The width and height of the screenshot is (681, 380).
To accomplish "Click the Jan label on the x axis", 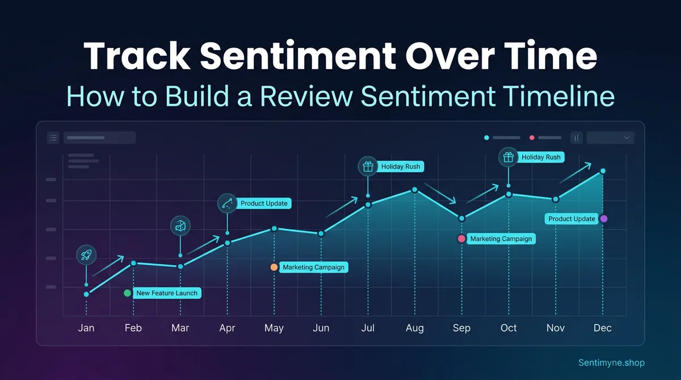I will coord(86,328).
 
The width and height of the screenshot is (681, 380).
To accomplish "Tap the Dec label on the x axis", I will coord(603,328).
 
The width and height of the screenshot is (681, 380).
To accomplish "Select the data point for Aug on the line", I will coord(415,190).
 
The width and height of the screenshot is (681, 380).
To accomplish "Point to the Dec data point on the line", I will coord(603,171).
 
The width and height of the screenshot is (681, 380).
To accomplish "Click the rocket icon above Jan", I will coord(86,256).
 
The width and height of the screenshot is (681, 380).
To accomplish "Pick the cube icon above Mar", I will coord(180,226).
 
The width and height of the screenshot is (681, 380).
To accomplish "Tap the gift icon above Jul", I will coord(368,166).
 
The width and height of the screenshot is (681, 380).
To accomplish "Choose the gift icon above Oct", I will coord(508,157).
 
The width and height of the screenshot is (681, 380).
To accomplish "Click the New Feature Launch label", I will coord(167,293).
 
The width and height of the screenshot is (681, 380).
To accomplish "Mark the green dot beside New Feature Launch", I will coord(127,293).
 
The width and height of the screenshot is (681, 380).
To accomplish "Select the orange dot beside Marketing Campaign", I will coord(274,267).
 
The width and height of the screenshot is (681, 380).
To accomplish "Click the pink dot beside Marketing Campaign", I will coord(461,239).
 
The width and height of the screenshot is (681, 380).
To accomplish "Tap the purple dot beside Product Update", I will coord(604,219).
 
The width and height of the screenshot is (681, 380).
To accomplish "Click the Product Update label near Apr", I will coord(264,203).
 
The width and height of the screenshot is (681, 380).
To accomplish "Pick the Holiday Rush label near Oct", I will coord(541,157).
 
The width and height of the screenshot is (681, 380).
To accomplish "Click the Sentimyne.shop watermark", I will coord(611,362).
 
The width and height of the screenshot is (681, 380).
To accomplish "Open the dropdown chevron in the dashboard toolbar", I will coord(627,137).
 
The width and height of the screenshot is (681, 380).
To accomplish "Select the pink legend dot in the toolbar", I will coord(532,137).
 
